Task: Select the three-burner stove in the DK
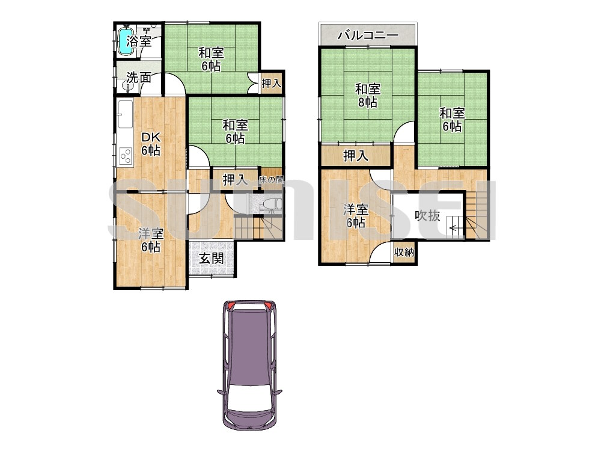(126, 156)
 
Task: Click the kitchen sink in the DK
(126, 114)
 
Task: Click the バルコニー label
(368, 35)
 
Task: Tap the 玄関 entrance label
(211, 259)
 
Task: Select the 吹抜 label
(427, 215)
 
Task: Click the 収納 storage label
(404, 253)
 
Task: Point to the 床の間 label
(271, 179)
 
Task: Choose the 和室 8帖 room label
(368, 96)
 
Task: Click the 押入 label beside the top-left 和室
(272, 83)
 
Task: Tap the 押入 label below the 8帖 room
(356, 156)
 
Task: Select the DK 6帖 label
(150, 144)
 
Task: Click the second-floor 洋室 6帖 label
(356, 216)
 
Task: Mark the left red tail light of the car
(230, 306)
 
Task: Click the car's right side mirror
(279, 393)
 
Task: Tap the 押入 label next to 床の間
(235, 180)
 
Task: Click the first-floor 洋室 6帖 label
(151, 240)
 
